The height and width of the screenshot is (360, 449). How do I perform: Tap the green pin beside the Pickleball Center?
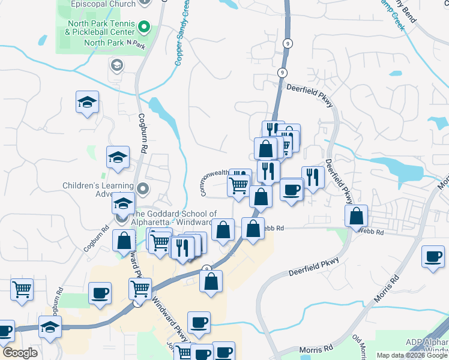pos(143,26)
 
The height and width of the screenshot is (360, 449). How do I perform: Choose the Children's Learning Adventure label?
pos(98,190)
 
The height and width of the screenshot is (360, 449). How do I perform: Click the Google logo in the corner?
pos(20,353)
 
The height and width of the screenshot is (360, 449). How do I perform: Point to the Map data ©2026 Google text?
pos(412,356)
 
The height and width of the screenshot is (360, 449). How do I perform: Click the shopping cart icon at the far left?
pos(22,290)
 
